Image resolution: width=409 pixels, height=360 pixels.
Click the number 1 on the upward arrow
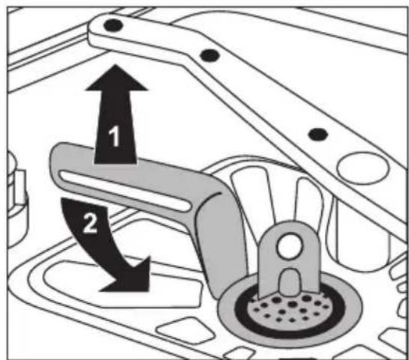click(x=114, y=135)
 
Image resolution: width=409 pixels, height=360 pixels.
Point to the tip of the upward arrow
click(x=116, y=65)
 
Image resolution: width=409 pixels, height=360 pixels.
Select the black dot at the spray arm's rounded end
click(x=113, y=25)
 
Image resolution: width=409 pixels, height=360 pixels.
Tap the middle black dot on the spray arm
click(x=210, y=55)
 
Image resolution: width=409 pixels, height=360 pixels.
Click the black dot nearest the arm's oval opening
click(x=318, y=134)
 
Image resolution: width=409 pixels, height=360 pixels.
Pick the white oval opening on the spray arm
click(x=363, y=168)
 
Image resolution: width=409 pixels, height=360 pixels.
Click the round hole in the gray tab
click(x=290, y=245)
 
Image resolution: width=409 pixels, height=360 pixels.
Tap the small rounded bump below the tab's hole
click(x=290, y=282)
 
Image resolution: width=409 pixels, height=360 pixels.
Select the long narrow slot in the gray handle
click(x=124, y=191)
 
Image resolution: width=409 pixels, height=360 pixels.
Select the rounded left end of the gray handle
click(x=55, y=162)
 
